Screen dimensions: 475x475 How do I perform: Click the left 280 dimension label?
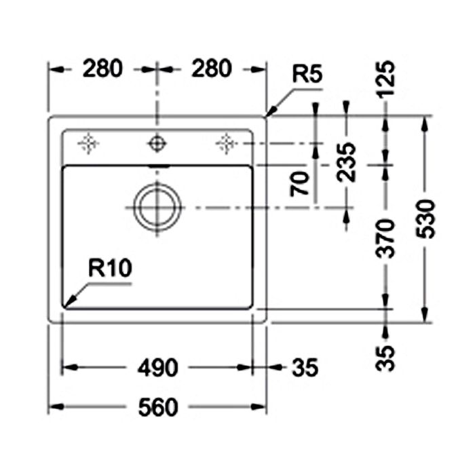(x=102, y=69)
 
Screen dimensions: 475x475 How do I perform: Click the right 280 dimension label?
(x=211, y=69)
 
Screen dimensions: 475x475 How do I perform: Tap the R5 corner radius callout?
(x=306, y=75)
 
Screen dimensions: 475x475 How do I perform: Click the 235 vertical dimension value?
(x=347, y=161)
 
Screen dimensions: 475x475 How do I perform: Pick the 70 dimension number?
(x=301, y=183)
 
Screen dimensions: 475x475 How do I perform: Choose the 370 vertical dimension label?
(x=385, y=238)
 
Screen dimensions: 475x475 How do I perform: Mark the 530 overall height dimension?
(x=425, y=218)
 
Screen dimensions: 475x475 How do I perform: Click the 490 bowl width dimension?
(x=157, y=368)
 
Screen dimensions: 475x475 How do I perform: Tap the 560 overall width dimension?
(x=157, y=408)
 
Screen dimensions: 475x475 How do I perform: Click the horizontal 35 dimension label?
(x=305, y=368)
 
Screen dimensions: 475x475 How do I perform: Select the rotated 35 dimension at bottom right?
(x=385, y=357)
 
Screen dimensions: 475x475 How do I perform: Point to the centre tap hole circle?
(x=157, y=143)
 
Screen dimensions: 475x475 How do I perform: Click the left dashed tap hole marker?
(x=88, y=143)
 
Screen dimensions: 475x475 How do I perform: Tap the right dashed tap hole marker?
(x=226, y=143)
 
